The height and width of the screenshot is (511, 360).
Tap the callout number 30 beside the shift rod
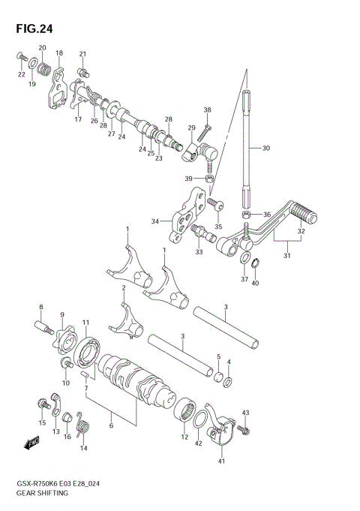coord(265,149)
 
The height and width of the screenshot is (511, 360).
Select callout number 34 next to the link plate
coord(156,221)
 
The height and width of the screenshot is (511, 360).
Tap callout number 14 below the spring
coord(84,449)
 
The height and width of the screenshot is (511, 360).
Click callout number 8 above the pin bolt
coord(42,307)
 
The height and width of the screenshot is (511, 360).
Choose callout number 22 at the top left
coord(21,75)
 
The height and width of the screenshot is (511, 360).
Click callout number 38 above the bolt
coord(208,110)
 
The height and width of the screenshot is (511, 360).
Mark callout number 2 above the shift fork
coord(123,287)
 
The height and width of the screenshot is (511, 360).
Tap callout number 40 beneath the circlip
coord(255,282)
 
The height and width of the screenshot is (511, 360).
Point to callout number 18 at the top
coord(59,53)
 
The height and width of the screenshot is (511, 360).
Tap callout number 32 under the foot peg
coord(302,232)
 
